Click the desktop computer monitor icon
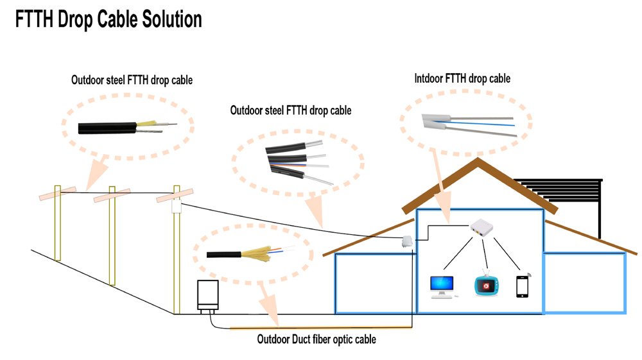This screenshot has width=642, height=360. pos(442,286)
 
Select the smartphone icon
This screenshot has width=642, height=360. pos(523,286)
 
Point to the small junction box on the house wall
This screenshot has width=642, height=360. pos(406,242)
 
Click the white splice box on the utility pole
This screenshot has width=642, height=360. pos(177,207)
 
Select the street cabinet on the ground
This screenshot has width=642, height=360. pos(207,295)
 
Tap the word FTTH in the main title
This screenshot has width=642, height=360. pos(35,19)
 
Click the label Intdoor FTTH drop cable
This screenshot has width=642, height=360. pos(462,78)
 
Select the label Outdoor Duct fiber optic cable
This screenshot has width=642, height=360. pos(316,339)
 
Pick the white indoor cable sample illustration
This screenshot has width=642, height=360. pos(467,123)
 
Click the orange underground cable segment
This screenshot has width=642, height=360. pos(321,328)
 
